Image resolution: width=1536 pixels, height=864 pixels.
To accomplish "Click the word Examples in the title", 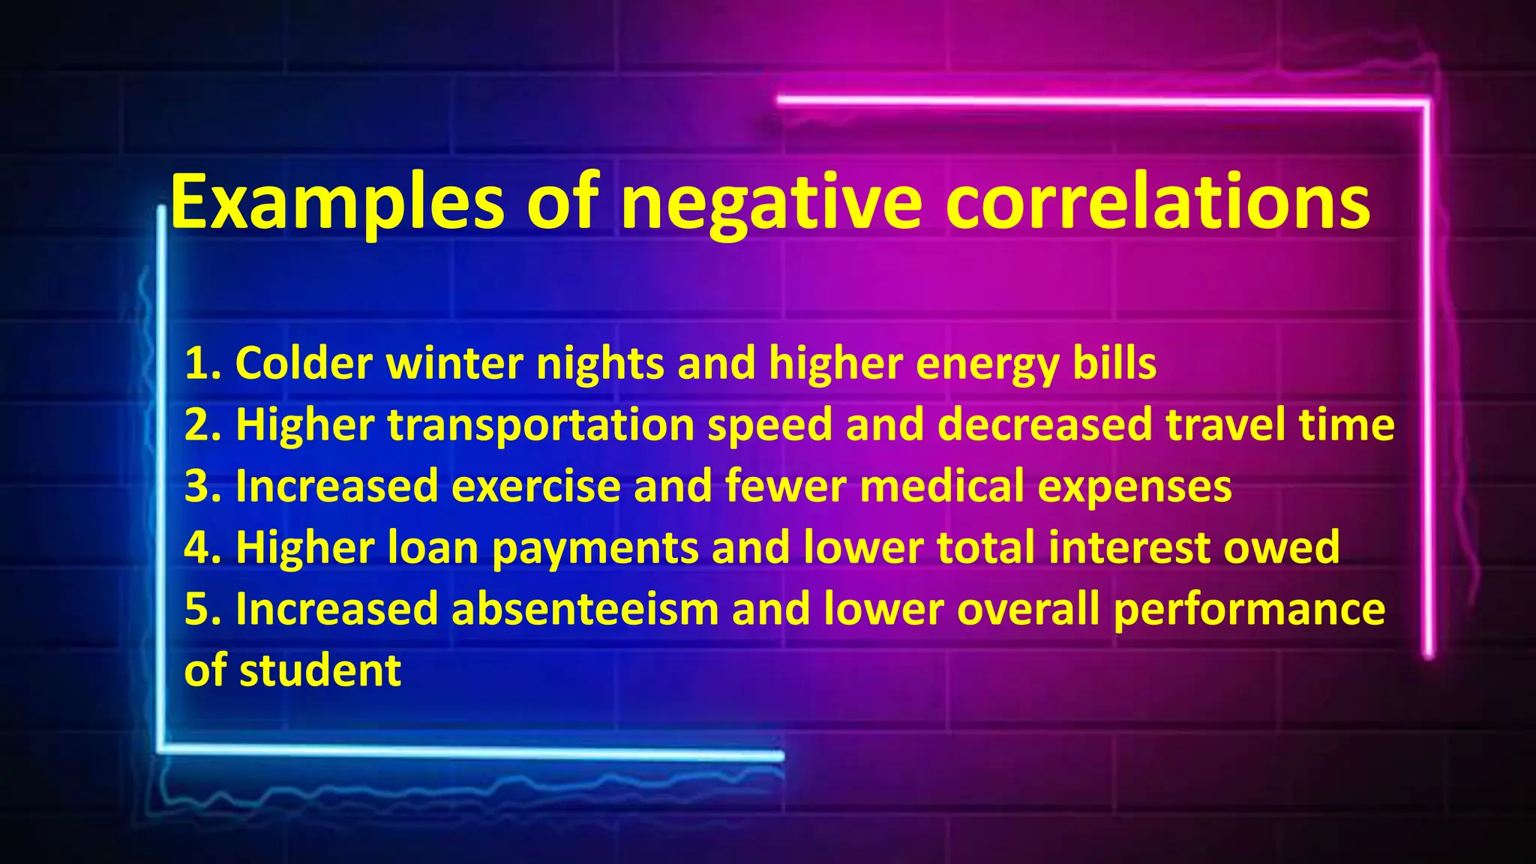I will point(337,202).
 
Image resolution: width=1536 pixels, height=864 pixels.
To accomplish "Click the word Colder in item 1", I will point(304,364).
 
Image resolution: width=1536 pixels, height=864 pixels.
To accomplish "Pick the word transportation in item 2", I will point(541,425).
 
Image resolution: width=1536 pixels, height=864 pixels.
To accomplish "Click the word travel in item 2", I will point(1225,425).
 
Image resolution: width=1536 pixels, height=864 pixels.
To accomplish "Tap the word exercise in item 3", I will point(535,487).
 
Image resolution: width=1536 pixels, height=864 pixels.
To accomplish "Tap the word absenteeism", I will point(585,609).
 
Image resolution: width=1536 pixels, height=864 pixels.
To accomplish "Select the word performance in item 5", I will point(1249,609).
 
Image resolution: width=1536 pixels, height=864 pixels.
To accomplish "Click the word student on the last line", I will point(320,670).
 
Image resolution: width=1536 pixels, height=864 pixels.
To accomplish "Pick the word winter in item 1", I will point(454,364).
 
